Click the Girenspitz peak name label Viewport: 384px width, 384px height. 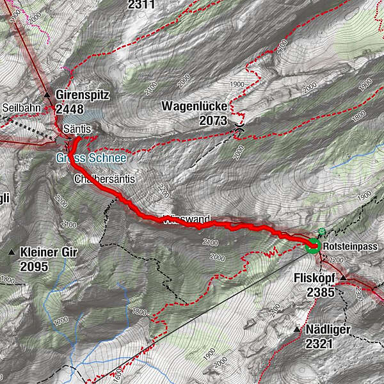(83, 95)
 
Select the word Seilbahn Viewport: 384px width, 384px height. (21, 108)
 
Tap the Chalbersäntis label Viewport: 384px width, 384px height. (104, 179)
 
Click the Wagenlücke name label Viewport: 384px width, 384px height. (195, 106)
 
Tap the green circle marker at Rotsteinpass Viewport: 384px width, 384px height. (312, 245)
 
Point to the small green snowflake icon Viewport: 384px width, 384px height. (321, 232)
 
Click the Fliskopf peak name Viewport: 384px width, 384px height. (315, 278)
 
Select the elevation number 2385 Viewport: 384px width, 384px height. (321, 292)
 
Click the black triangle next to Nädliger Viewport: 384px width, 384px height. (296, 330)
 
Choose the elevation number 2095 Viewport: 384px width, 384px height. (34, 266)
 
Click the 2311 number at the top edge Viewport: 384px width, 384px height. (141, 5)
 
